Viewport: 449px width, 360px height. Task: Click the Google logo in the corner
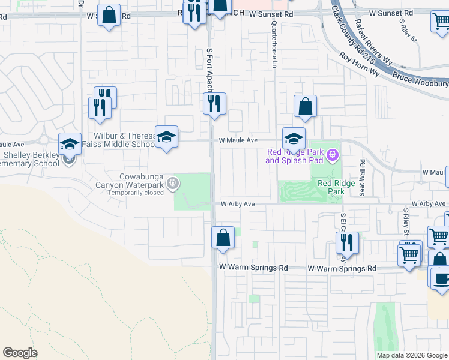tap(20, 353)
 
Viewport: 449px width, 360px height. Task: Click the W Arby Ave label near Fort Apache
tap(238, 204)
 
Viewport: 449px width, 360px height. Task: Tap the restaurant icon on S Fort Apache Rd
tap(214, 104)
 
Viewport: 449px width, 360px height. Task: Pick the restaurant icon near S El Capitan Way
tap(347, 243)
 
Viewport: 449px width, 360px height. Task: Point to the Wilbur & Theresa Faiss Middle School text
tap(124, 140)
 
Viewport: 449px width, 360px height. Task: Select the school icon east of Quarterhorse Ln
tap(294, 139)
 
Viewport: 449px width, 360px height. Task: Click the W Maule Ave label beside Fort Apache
tap(238, 140)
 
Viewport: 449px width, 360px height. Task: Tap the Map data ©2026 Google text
tap(412, 355)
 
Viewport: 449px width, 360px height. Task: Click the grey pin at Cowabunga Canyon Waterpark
tap(173, 182)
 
